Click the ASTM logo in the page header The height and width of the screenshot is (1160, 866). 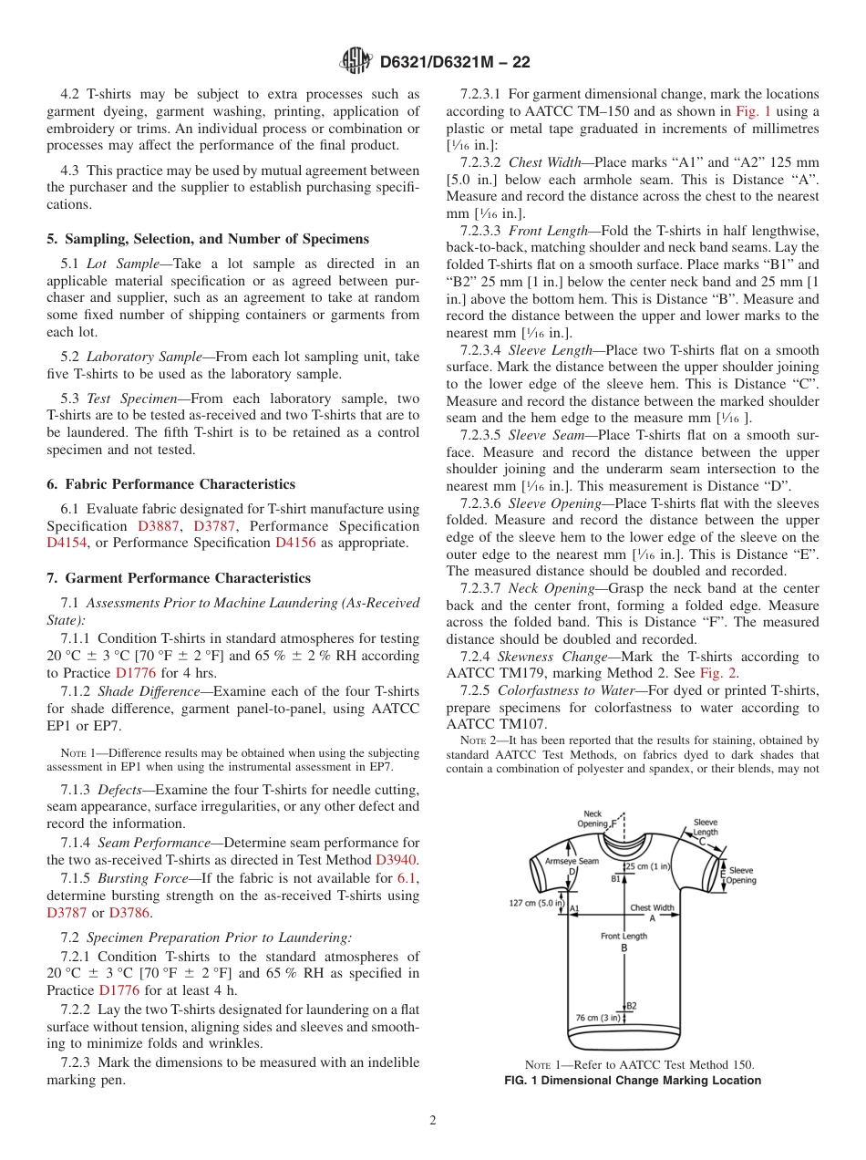click(355, 61)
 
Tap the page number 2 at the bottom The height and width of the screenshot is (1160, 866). click(433, 1121)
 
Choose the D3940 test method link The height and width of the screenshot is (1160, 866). click(397, 859)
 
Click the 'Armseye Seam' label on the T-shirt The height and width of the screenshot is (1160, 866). click(572, 860)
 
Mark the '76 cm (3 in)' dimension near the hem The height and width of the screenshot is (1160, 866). click(598, 1017)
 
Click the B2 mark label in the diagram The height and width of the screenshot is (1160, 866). click(631, 1006)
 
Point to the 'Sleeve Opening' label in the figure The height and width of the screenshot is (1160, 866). click(741, 875)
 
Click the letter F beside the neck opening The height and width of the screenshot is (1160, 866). click(613, 822)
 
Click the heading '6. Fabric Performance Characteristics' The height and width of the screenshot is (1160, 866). click(170, 484)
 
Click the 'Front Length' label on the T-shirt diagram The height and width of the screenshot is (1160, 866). click(624, 936)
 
